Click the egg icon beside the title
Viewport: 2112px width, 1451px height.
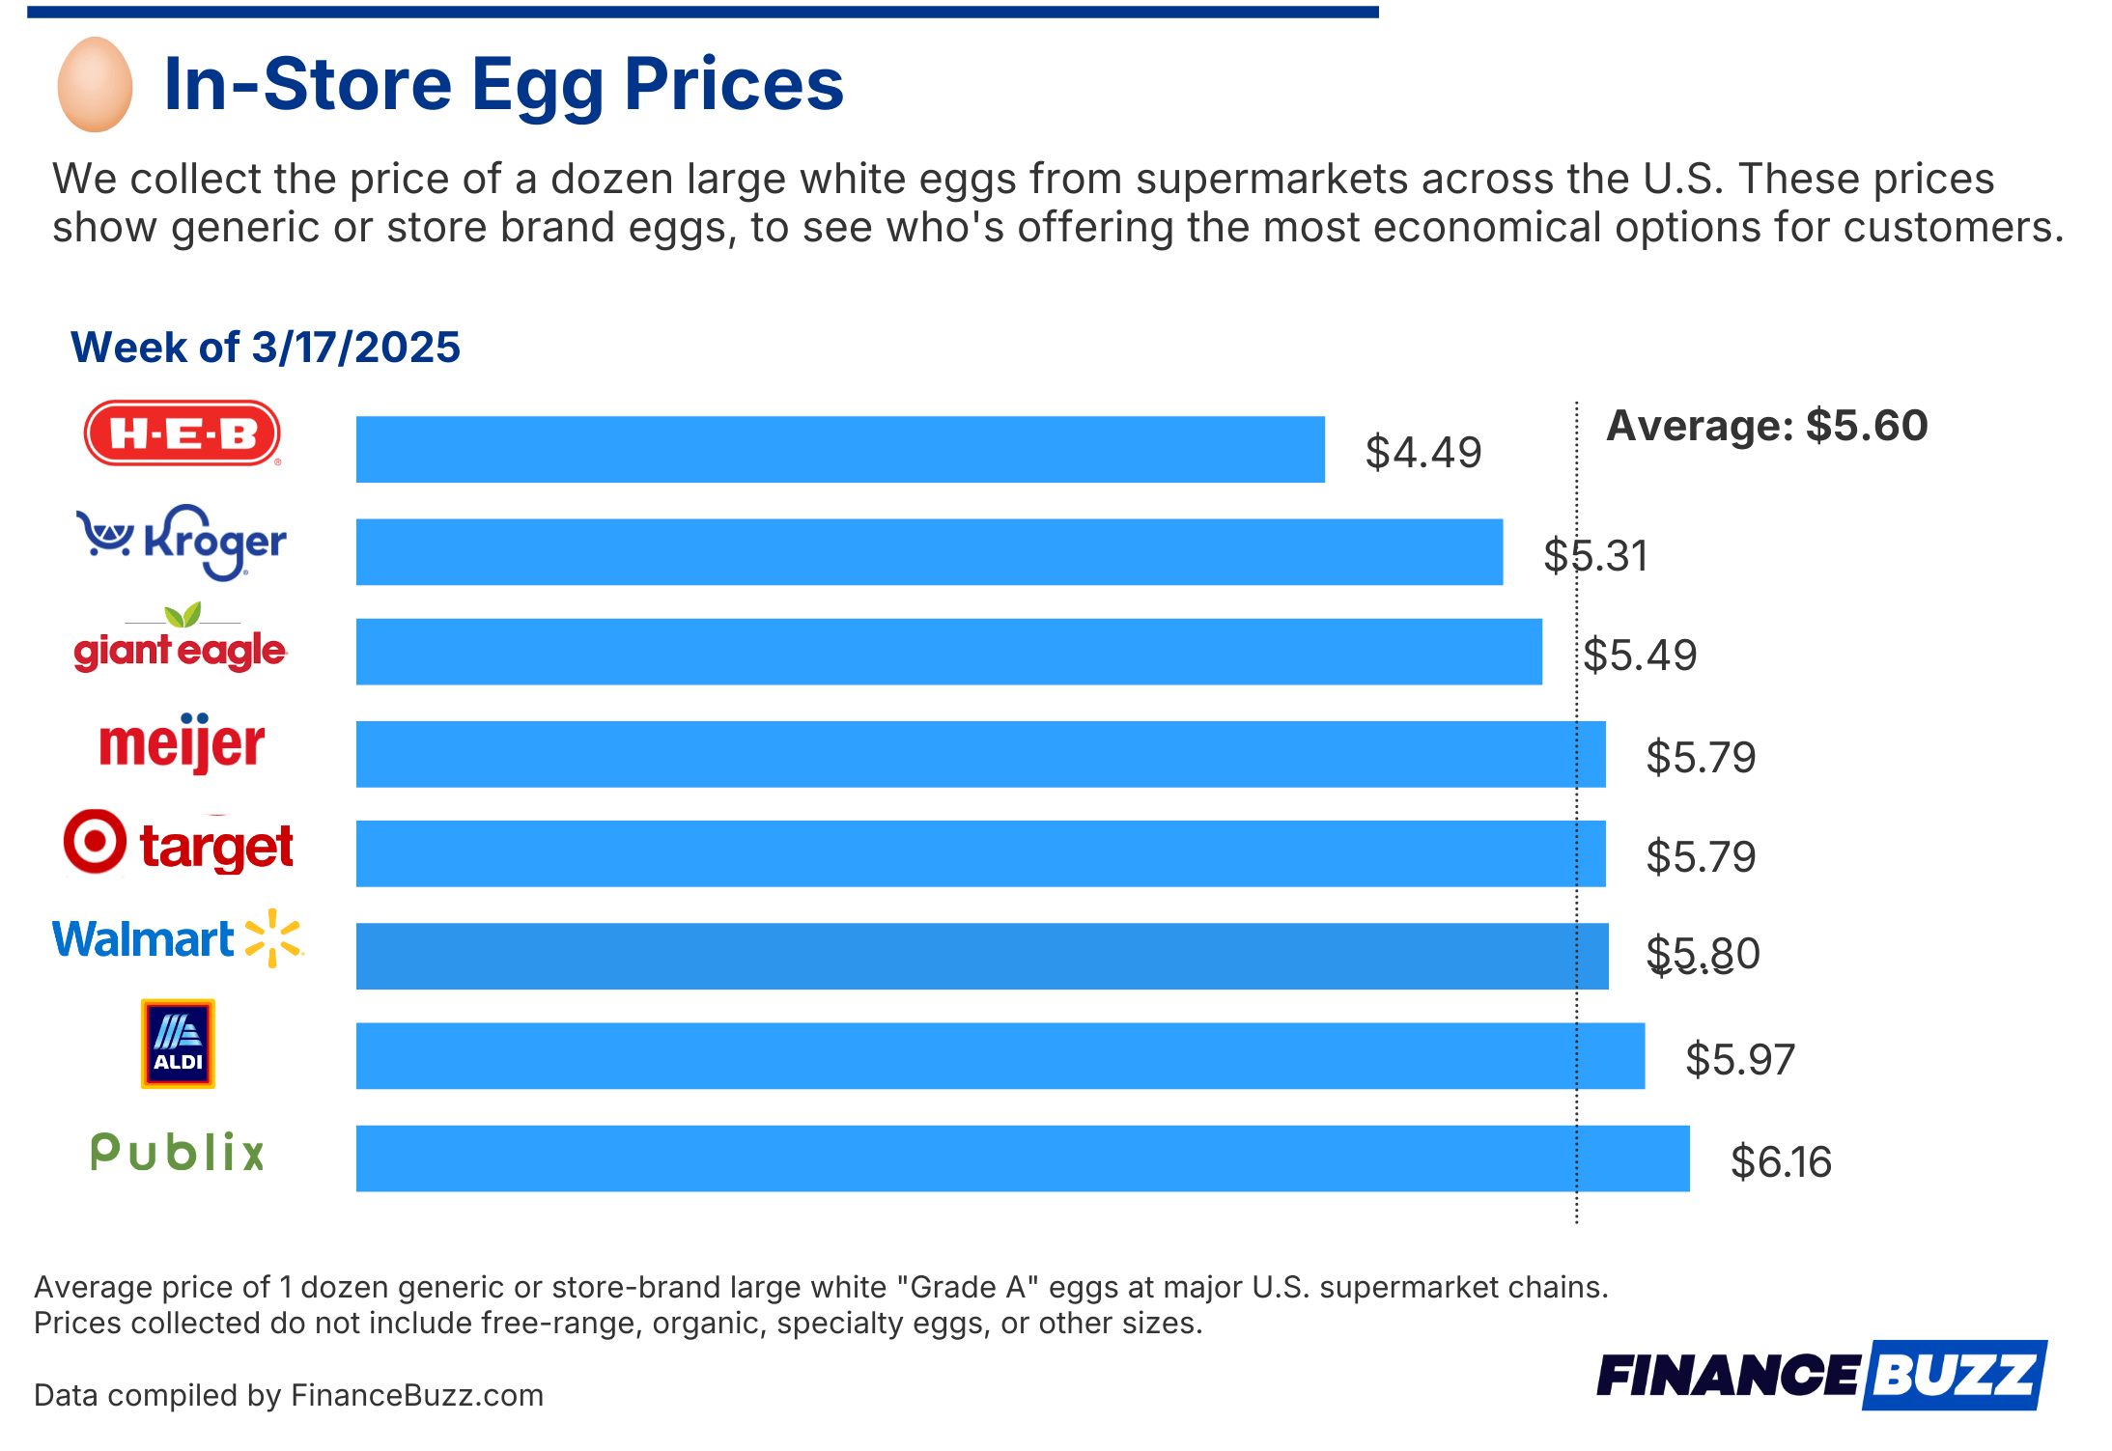tap(95, 85)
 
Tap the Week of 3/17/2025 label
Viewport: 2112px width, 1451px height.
tap(266, 348)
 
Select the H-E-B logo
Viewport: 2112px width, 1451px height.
tap(182, 433)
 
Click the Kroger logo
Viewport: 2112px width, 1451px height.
tap(182, 543)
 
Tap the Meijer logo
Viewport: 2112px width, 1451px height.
tap(182, 743)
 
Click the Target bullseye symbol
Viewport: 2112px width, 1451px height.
tap(95, 842)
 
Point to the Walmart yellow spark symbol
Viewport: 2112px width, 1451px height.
tap(273, 938)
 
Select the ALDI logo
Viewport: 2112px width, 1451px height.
tap(178, 1044)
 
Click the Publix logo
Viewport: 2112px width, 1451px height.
tap(178, 1153)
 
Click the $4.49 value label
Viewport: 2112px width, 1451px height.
tap(1422, 453)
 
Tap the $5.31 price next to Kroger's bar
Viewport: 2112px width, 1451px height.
tap(1595, 556)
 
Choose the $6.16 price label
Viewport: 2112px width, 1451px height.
tap(1780, 1161)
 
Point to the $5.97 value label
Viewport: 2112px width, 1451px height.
tap(1739, 1060)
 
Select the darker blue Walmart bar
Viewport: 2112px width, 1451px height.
tap(981, 956)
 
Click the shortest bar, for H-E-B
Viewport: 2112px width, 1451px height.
tap(839, 450)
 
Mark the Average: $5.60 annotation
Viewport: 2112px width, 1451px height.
tap(1766, 426)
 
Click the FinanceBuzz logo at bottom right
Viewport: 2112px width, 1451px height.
tap(1820, 1375)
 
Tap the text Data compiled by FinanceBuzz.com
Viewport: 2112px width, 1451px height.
tap(289, 1395)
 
